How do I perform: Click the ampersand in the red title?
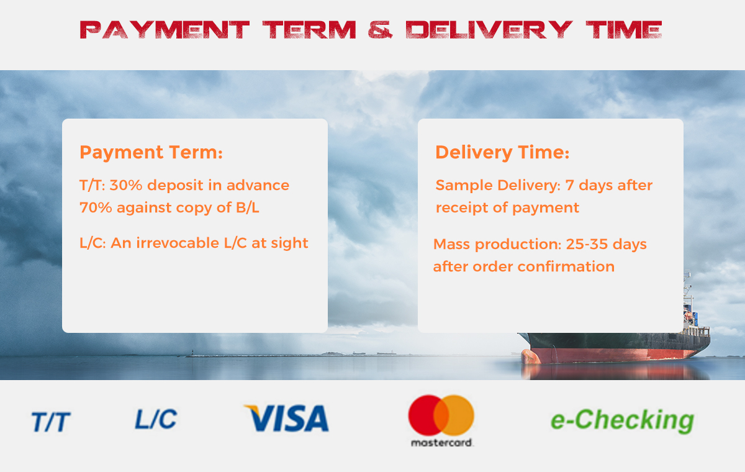pyautogui.click(x=380, y=30)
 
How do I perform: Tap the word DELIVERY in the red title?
pyautogui.click(x=489, y=30)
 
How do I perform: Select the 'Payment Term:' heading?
pyautogui.click(x=151, y=153)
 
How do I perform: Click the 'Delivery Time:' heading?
pyautogui.click(x=502, y=153)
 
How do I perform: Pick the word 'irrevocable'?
pyautogui.click(x=178, y=243)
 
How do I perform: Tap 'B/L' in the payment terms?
pyautogui.click(x=247, y=207)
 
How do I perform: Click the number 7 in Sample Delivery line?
pyautogui.click(x=569, y=185)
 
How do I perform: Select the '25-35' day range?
pyautogui.click(x=587, y=244)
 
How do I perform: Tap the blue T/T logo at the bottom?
pyautogui.click(x=51, y=422)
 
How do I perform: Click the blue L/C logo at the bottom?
pyautogui.click(x=156, y=419)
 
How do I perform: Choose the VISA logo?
pyautogui.click(x=286, y=418)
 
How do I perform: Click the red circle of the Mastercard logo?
pyautogui.click(x=426, y=415)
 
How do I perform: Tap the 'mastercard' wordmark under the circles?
pyautogui.click(x=442, y=443)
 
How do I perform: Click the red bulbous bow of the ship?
pyautogui.click(x=530, y=356)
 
